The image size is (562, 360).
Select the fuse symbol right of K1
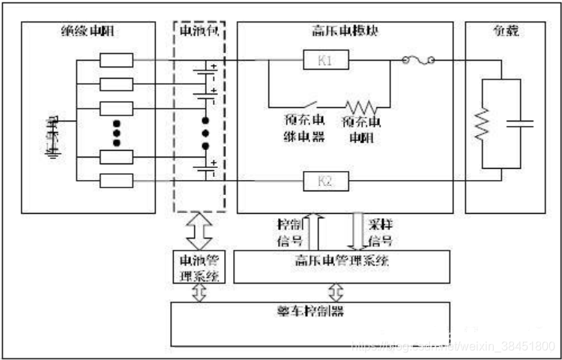[419, 60]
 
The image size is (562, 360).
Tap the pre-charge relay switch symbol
[306, 104]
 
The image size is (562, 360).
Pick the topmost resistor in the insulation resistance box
[116, 60]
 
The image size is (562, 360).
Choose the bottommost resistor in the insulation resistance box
[116, 181]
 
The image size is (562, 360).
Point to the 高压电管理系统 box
[344, 263]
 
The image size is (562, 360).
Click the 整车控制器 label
[311, 310]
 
